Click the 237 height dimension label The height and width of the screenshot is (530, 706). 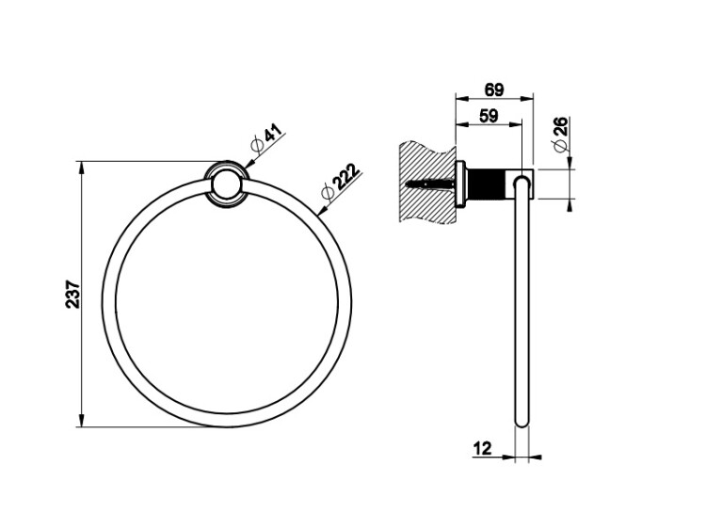point(72,295)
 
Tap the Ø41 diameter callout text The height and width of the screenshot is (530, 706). point(267,138)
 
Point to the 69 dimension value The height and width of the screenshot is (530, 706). point(494,89)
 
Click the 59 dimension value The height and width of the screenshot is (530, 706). point(489,116)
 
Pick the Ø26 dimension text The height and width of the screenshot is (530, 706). point(561,135)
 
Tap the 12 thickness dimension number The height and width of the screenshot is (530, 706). point(482,448)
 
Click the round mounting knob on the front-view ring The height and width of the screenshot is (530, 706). point(227,185)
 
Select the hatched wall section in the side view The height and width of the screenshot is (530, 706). point(426,183)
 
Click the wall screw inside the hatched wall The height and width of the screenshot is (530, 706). point(430,184)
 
